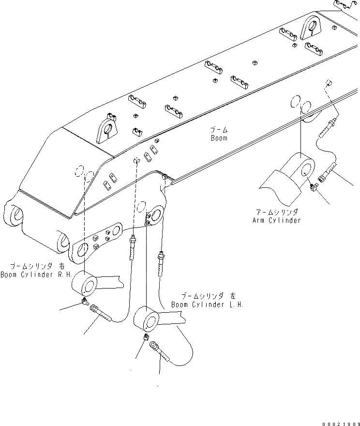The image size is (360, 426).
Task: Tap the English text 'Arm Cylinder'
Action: [276, 220]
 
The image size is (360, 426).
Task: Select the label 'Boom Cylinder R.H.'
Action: [35, 275]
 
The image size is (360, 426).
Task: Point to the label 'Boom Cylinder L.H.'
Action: [207, 305]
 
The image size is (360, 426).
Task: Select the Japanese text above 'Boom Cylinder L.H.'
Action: [209, 296]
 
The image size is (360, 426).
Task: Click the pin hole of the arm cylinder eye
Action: [306, 169]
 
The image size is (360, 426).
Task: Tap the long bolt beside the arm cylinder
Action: [328, 173]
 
